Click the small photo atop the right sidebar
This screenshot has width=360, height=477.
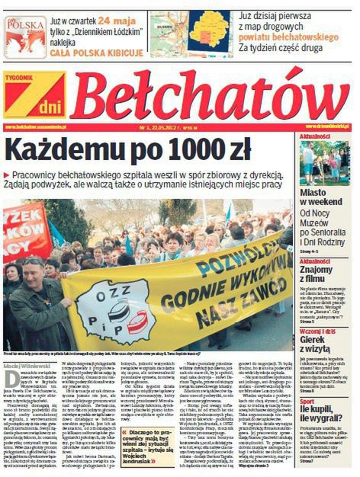tap(324, 161)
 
